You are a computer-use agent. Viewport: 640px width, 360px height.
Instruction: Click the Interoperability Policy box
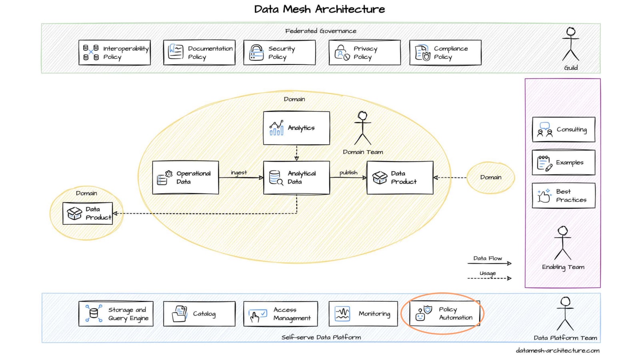[x=114, y=52]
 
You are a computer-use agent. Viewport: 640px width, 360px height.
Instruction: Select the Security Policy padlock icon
[x=256, y=52]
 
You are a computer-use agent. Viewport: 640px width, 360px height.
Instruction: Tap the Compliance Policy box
[x=445, y=52]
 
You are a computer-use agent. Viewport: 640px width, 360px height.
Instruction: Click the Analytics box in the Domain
[x=296, y=128]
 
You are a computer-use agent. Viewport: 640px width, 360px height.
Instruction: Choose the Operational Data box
[x=186, y=178]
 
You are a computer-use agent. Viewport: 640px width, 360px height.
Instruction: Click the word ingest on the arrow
[x=239, y=172]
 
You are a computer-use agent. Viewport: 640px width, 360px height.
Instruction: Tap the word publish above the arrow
[x=348, y=172]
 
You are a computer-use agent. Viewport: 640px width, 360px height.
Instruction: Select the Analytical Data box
[x=296, y=178]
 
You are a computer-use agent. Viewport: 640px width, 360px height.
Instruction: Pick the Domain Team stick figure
[x=363, y=128]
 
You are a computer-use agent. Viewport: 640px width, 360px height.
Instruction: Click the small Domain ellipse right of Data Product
[x=491, y=177]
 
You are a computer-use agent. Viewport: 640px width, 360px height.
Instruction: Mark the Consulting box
[x=564, y=130]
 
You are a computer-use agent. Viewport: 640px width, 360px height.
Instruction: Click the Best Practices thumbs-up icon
[x=544, y=196]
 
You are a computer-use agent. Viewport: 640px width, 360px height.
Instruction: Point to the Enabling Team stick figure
[x=563, y=243]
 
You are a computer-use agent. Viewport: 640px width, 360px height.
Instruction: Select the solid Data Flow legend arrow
[x=489, y=263]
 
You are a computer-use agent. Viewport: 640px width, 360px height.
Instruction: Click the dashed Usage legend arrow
[x=489, y=278]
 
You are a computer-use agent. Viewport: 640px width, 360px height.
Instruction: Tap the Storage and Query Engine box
[x=116, y=314]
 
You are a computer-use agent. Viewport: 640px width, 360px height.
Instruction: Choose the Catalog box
[x=199, y=314]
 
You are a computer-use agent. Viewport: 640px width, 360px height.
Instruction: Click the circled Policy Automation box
[x=444, y=314]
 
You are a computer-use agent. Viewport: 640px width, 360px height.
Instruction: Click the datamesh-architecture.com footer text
[x=558, y=350]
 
